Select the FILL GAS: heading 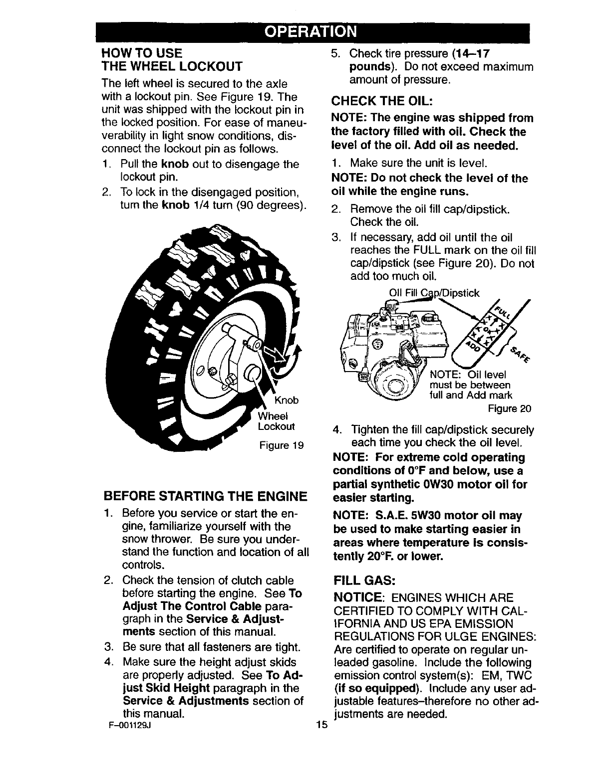[x=364, y=581]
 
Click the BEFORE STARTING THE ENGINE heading [x=205, y=497]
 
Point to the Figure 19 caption [x=282, y=445]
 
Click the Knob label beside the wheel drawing [x=287, y=400]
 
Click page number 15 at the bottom [x=320, y=725]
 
